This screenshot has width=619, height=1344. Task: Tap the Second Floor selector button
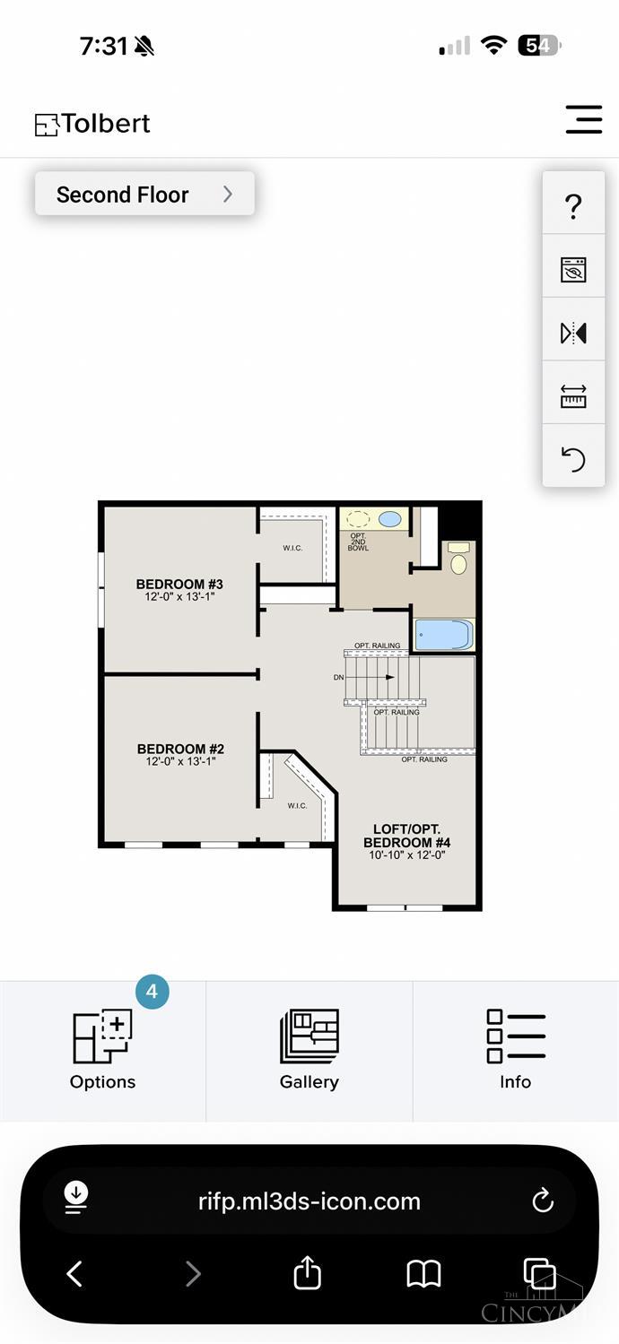(144, 194)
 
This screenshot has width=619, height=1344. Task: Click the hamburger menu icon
(584, 119)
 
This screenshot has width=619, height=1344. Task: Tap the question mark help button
(573, 206)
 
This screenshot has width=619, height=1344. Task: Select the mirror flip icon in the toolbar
(573, 333)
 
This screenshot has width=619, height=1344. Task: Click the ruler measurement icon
(573, 396)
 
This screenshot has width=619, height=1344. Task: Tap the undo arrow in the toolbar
(573, 460)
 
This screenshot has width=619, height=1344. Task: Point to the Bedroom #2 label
(180, 754)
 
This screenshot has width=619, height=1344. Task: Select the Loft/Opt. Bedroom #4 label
(407, 842)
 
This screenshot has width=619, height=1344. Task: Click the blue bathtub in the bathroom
(444, 635)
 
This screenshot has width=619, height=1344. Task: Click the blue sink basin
(390, 519)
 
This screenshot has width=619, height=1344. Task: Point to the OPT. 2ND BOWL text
(359, 542)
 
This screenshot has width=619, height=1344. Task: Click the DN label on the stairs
(338, 678)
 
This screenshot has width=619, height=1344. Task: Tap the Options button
(102, 1050)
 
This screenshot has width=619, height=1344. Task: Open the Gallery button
(309, 1050)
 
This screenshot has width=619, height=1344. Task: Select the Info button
(516, 1050)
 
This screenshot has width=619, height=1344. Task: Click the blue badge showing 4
(153, 992)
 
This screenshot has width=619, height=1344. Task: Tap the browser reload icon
(543, 1201)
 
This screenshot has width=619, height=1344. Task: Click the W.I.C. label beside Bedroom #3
(293, 548)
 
